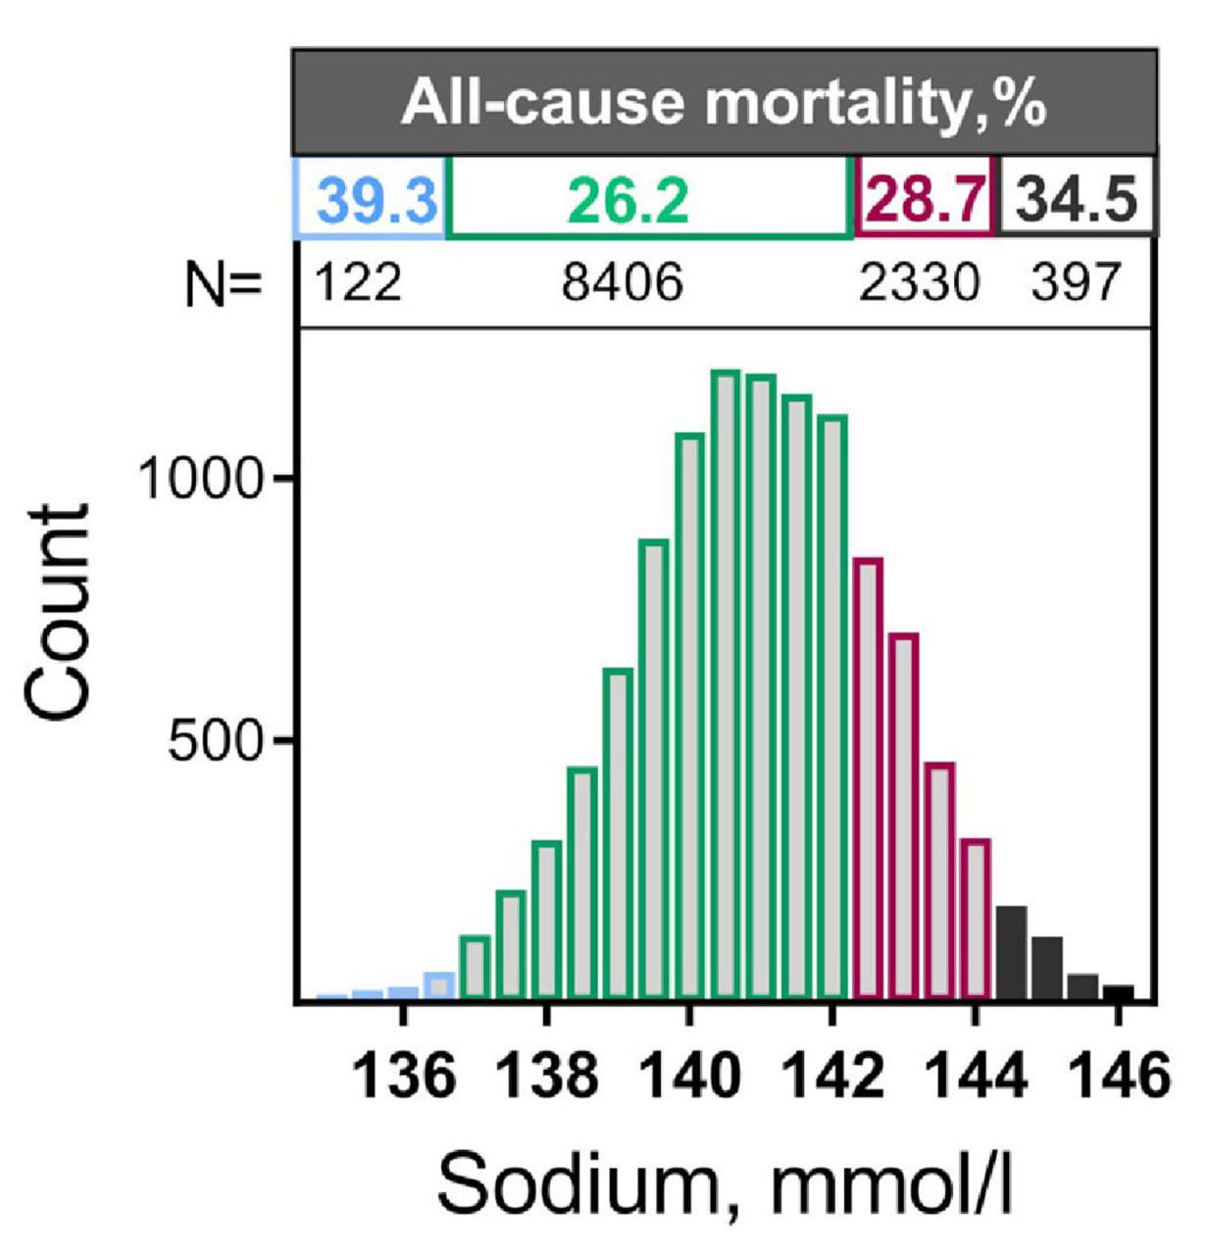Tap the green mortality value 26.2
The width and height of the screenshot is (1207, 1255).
tap(629, 201)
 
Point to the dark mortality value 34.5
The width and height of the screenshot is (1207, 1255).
tap(1077, 201)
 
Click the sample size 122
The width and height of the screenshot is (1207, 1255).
tap(358, 284)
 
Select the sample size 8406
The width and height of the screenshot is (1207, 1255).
tap(622, 284)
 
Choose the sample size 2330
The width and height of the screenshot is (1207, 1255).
tap(919, 284)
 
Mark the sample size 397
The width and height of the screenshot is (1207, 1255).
tap(1075, 284)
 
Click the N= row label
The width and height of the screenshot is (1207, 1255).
tap(224, 285)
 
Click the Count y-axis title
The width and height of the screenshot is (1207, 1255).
tap(59, 614)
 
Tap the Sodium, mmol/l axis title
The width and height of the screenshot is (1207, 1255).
tap(724, 1184)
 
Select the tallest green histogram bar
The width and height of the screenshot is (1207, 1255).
tap(725, 686)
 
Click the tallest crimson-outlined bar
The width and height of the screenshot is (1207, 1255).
tap(868, 779)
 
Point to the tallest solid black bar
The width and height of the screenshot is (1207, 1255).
tap(1011, 953)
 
